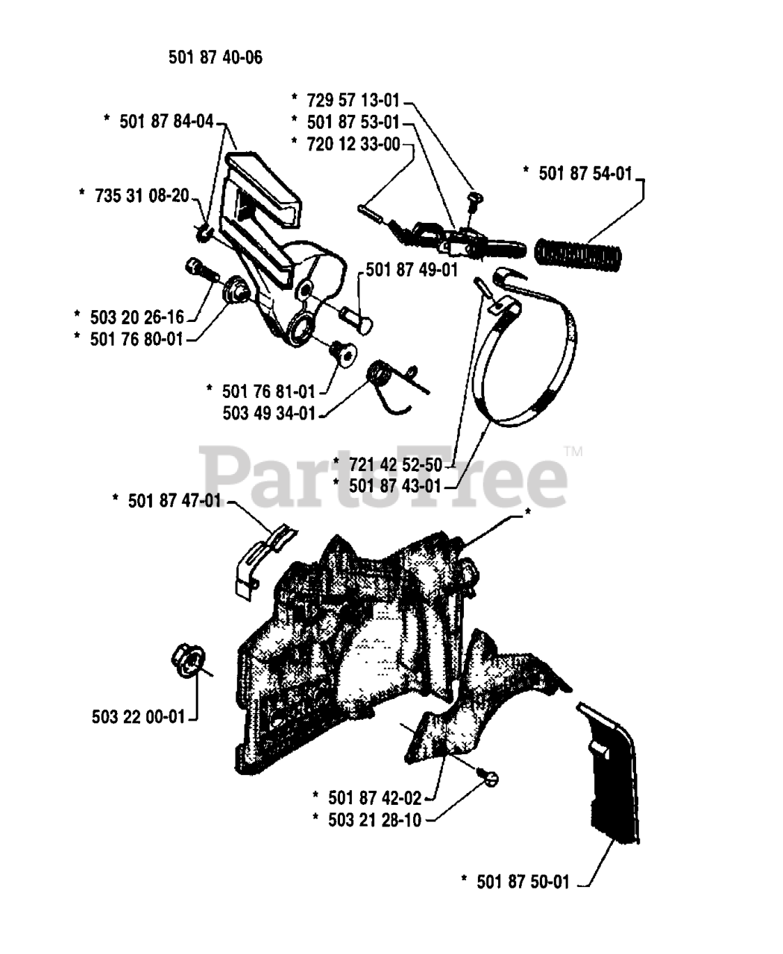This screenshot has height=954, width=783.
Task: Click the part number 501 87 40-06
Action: pos(216,57)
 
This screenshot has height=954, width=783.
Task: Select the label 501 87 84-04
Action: pos(166,121)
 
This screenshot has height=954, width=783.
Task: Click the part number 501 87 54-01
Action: pos(585,174)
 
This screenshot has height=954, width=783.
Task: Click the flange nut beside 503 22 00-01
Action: pos(187,659)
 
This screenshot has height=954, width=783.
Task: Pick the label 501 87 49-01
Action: pos(412,270)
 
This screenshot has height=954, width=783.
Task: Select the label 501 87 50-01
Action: pos(523,882)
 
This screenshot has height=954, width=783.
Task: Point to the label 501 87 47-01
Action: pos(174,500)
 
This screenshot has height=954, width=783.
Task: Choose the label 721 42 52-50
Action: pos(395,465)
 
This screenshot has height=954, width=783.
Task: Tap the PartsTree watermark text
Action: pos(384,474)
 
